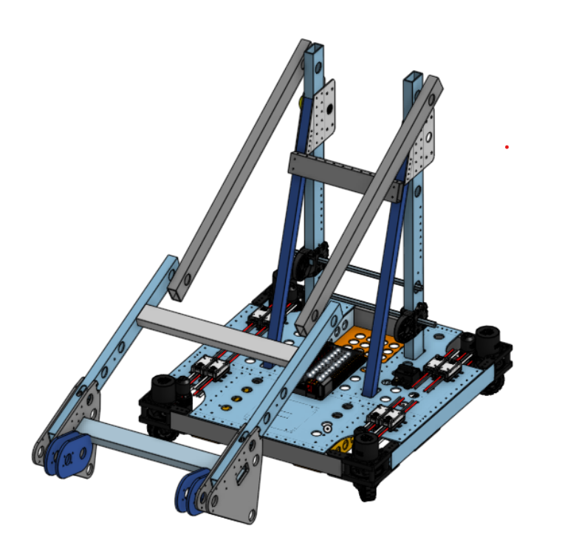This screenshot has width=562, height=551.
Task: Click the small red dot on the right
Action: click(507, 147)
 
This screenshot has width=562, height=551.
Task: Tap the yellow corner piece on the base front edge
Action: click(341, 445)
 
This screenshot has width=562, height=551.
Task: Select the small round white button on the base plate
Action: click(326, 428)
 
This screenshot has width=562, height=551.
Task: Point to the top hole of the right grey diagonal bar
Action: click(434, 89)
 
